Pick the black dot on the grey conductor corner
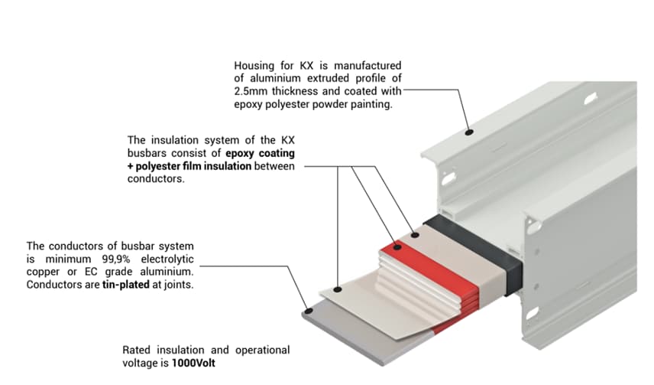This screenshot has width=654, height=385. click(x=308, y=312)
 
